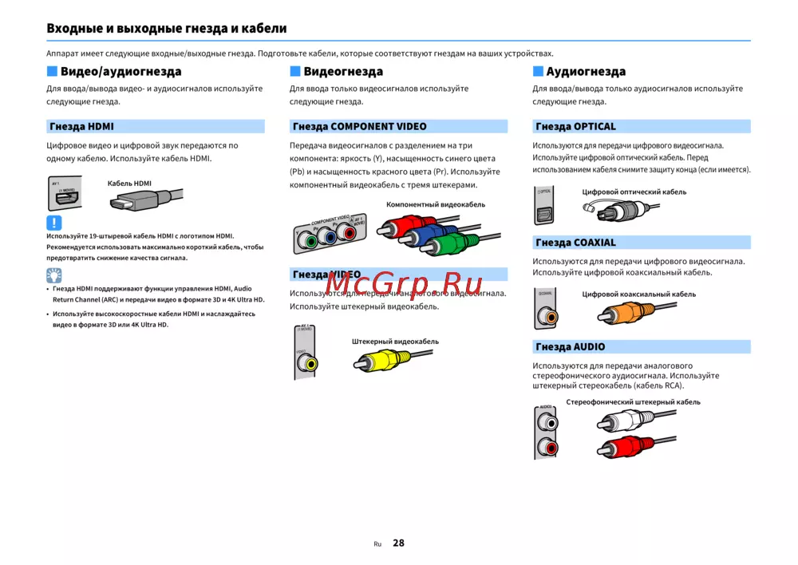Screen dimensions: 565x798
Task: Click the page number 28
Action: pyautogui.click(x=398, y=543)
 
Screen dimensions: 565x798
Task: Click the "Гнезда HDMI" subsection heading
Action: pyautogui.click(x=81, y=126)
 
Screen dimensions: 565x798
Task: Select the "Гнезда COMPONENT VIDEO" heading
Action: pyautogui.click(x=359, y=126)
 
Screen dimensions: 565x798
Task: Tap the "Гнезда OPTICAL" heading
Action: pyautogui.click(x=575, y=126)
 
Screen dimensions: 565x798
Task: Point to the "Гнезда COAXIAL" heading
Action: pyautogui.click(x=575, y=243)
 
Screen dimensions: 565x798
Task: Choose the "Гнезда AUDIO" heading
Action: pyautogui.click(x=570, y=347)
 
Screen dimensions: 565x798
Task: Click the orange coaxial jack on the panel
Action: pyautogui.click(x=548, y=316)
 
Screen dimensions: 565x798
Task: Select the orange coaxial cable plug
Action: pyautogui.click(x=610, y=312)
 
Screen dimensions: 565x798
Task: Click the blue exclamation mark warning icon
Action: pyautogui.click(x=53, y=223)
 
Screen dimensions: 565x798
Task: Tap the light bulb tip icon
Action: pyautogui.click(x=53, y=276)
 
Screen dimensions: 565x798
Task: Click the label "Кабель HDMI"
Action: pyautogui.click(x=129, y=184)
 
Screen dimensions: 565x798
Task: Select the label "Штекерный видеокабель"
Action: pyautogui.click(x=395, y=342)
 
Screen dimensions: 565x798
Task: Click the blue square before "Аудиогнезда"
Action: pyautogui.click(x=537, y=72)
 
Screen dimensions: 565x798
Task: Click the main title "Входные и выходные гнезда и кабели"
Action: pyautogui.click(x=166, y=29)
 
